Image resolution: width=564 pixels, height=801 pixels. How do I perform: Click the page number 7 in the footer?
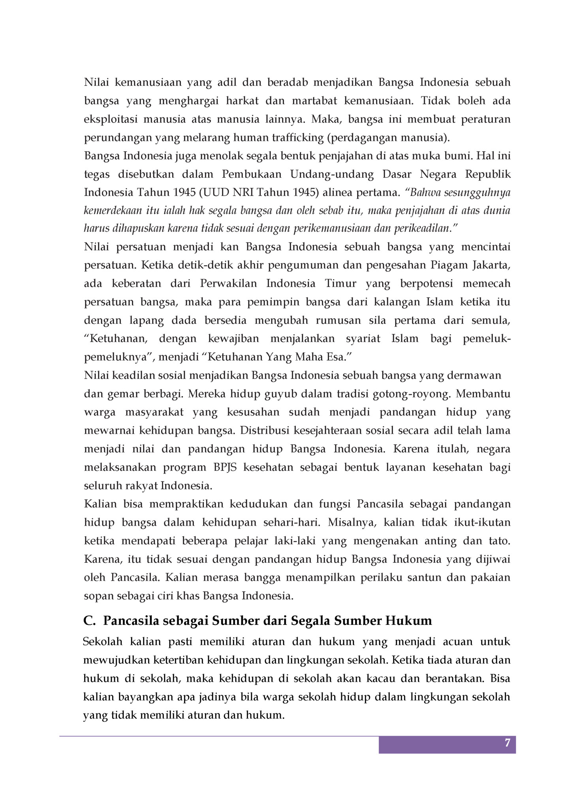(x=507, y=743)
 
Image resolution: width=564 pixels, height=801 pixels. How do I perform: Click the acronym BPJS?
(x=225, y=467)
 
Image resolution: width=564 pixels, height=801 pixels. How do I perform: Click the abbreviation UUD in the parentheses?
(x=217, y=192)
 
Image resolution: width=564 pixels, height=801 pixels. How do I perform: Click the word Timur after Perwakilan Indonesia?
(x=340, y=283)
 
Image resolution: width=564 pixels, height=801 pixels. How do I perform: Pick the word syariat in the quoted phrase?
(x=363, y=338)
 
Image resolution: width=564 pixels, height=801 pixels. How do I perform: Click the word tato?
(x=499, y=541)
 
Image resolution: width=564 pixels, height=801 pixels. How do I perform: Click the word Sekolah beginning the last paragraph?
(x=103, y=641)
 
